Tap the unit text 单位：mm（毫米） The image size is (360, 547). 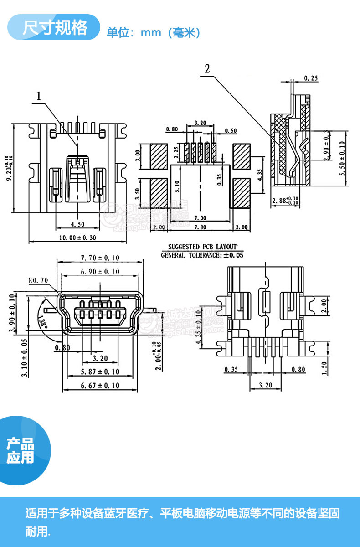[x=153, y=33]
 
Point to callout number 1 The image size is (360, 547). [x=39, y=96]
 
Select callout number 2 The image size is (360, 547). [x=207, y=69]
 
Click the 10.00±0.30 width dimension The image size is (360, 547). [x=77, y=237]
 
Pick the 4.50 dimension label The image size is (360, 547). [x=77, y=224]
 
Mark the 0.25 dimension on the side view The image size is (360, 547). [x=311, y=78]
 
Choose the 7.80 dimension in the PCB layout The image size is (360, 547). [x=200, y=227]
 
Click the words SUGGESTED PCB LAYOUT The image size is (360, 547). [x=202, y=247]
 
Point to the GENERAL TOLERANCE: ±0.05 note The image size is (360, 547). [x=202, y=255]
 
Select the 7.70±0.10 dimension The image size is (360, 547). [x=100, y=258]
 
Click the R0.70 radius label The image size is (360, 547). [x=38, y=280]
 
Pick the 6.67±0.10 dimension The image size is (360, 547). [x=100, y=386]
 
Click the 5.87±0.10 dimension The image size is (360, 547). [x=100, y=372]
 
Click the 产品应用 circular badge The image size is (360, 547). [x=21, y=451]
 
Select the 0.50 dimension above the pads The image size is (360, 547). [x=231, y=131]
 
